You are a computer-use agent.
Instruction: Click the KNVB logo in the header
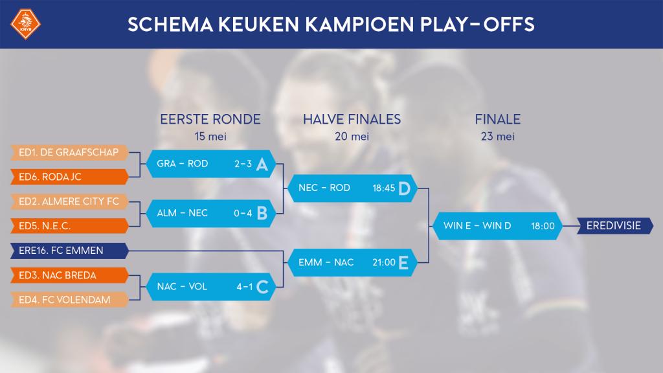click(26, 25)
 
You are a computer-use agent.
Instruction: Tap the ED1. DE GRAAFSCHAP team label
click(69, 152)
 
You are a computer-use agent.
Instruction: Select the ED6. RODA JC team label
click(69, 175)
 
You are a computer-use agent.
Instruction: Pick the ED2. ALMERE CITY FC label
click(69, 201)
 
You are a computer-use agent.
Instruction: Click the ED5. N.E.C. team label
click(69, 226)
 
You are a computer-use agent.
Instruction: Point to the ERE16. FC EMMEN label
click(69, 250)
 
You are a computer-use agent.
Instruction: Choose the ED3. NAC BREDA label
click(69, 275)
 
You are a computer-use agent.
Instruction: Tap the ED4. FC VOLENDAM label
click(69, 299)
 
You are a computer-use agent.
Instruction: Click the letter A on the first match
click(262, 164)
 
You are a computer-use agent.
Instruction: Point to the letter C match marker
click(262, 287)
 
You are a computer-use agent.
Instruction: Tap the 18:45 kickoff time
click(383, 188)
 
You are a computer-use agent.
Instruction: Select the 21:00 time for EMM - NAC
click(383, 262)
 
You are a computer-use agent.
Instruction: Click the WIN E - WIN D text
click(477, 226)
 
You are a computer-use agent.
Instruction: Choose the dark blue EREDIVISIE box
click(613, 226)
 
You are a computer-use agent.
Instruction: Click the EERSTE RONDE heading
click(210, 119)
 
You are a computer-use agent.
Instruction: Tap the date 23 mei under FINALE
click(497, 137)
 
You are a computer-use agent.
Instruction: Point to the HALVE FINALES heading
click(352, 119)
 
